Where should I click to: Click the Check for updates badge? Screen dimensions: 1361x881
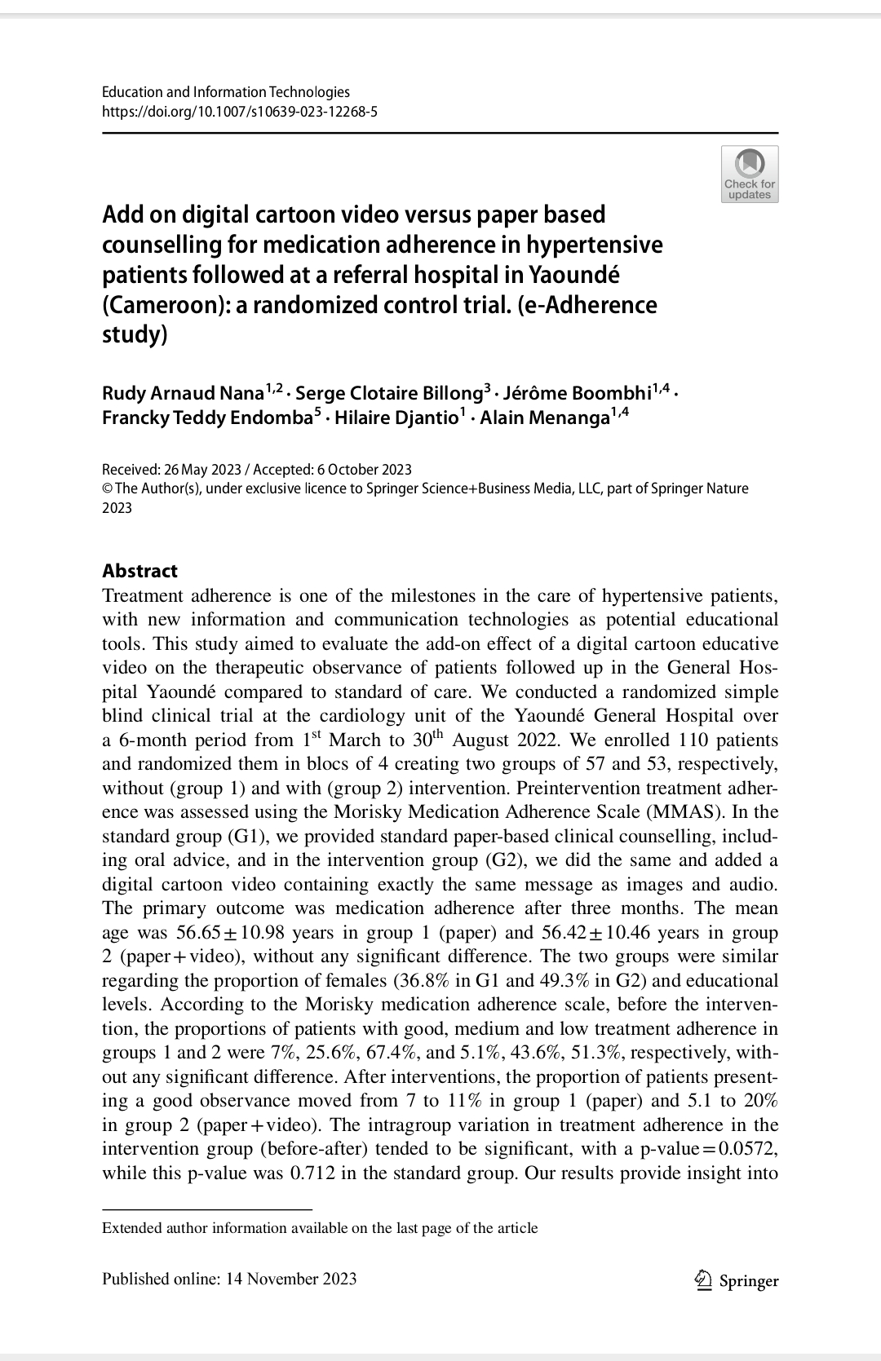[x=750, y=174]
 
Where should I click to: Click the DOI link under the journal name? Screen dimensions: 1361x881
[x=239, y=112]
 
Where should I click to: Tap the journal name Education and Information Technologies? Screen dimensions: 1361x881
[x=225, y=92]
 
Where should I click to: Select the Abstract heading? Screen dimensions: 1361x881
[x=139, y=571]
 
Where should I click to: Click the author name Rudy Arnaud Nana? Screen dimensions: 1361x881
[x=183, y=393]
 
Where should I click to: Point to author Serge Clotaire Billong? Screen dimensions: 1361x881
[x=389, y=393]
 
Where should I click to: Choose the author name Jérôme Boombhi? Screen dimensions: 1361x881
[x=577, y=393]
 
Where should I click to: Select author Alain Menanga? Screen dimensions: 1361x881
[x=545, y=418]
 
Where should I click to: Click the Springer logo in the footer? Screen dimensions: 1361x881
[x=735, y=1281]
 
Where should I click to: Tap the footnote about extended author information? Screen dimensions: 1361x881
[x=320, y=1228]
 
